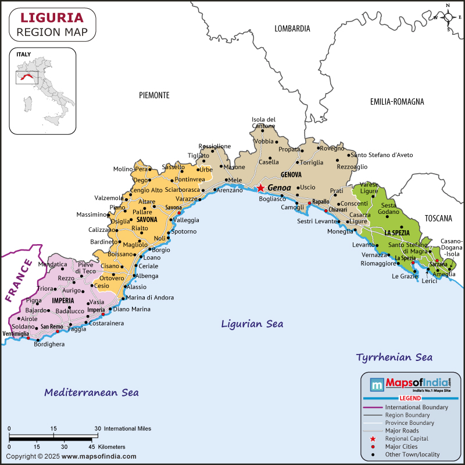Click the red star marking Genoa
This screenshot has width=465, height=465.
pyautogui.click(x=261, y=188)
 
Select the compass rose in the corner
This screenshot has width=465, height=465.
pyautogui.click(x=448, y=17)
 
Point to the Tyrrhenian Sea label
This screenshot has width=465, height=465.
pyautogui.click(x=394, y=357)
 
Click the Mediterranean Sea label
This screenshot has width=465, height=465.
pyautogui.click(x=91, y=392)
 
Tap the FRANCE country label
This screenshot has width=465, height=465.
pyautogui.click(x=18, y=281)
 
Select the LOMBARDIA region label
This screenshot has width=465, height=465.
pyautogui.click(x=292, y=28)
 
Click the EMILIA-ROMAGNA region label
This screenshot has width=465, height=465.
pyautogui.click(x=397, y=102)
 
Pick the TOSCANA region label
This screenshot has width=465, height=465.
pyautogui.click(x=438, y=219)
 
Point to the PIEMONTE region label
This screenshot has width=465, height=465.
pyautogui.click(x=154, y=95)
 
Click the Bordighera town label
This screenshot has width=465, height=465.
pyautogui.click(x=49, y=344)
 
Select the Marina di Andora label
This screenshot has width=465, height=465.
pyautogui.click(x=151, y=298)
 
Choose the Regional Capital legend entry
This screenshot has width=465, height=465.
pyautogui.click(x=407, y=439)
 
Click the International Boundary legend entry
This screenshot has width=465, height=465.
pyautogui.click(x=416, y=407)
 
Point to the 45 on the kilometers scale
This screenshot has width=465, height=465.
pyautogui.click(x=92, y=446)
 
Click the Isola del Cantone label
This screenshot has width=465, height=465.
pyautogui.click(x=263, y=123)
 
